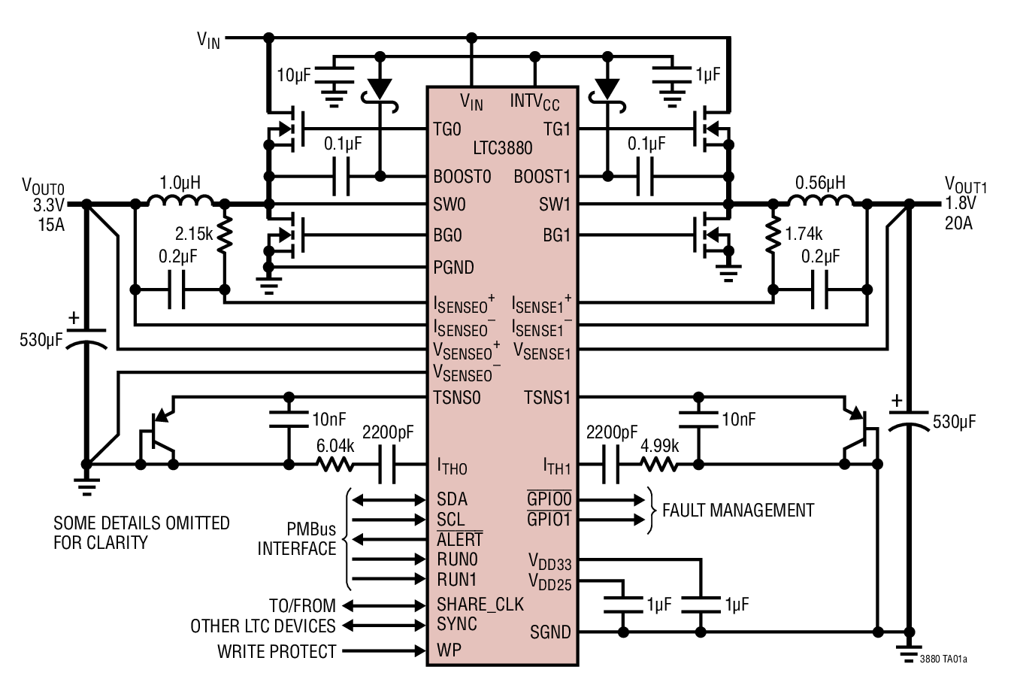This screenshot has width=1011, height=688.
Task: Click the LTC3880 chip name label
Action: click(502, 149)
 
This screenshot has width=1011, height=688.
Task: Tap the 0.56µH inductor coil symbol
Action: click(820, 201)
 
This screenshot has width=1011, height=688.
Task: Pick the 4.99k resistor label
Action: click(659, 445)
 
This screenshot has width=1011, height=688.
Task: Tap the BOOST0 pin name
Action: click(462, 177)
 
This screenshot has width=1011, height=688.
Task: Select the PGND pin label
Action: click(453, 267)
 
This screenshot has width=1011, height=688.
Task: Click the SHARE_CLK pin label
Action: click(480, 605)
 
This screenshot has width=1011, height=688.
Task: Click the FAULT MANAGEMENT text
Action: click(737, 511)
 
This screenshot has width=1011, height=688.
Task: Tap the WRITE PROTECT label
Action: click(276, 651)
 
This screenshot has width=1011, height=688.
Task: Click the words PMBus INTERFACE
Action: click(297, 538)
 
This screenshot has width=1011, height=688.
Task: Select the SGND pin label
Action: click(550, 632)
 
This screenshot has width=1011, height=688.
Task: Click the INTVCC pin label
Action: click(534, 102)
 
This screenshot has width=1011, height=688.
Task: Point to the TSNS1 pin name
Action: click(547, 397)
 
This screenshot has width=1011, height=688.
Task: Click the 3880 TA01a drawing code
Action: click(943, 660)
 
